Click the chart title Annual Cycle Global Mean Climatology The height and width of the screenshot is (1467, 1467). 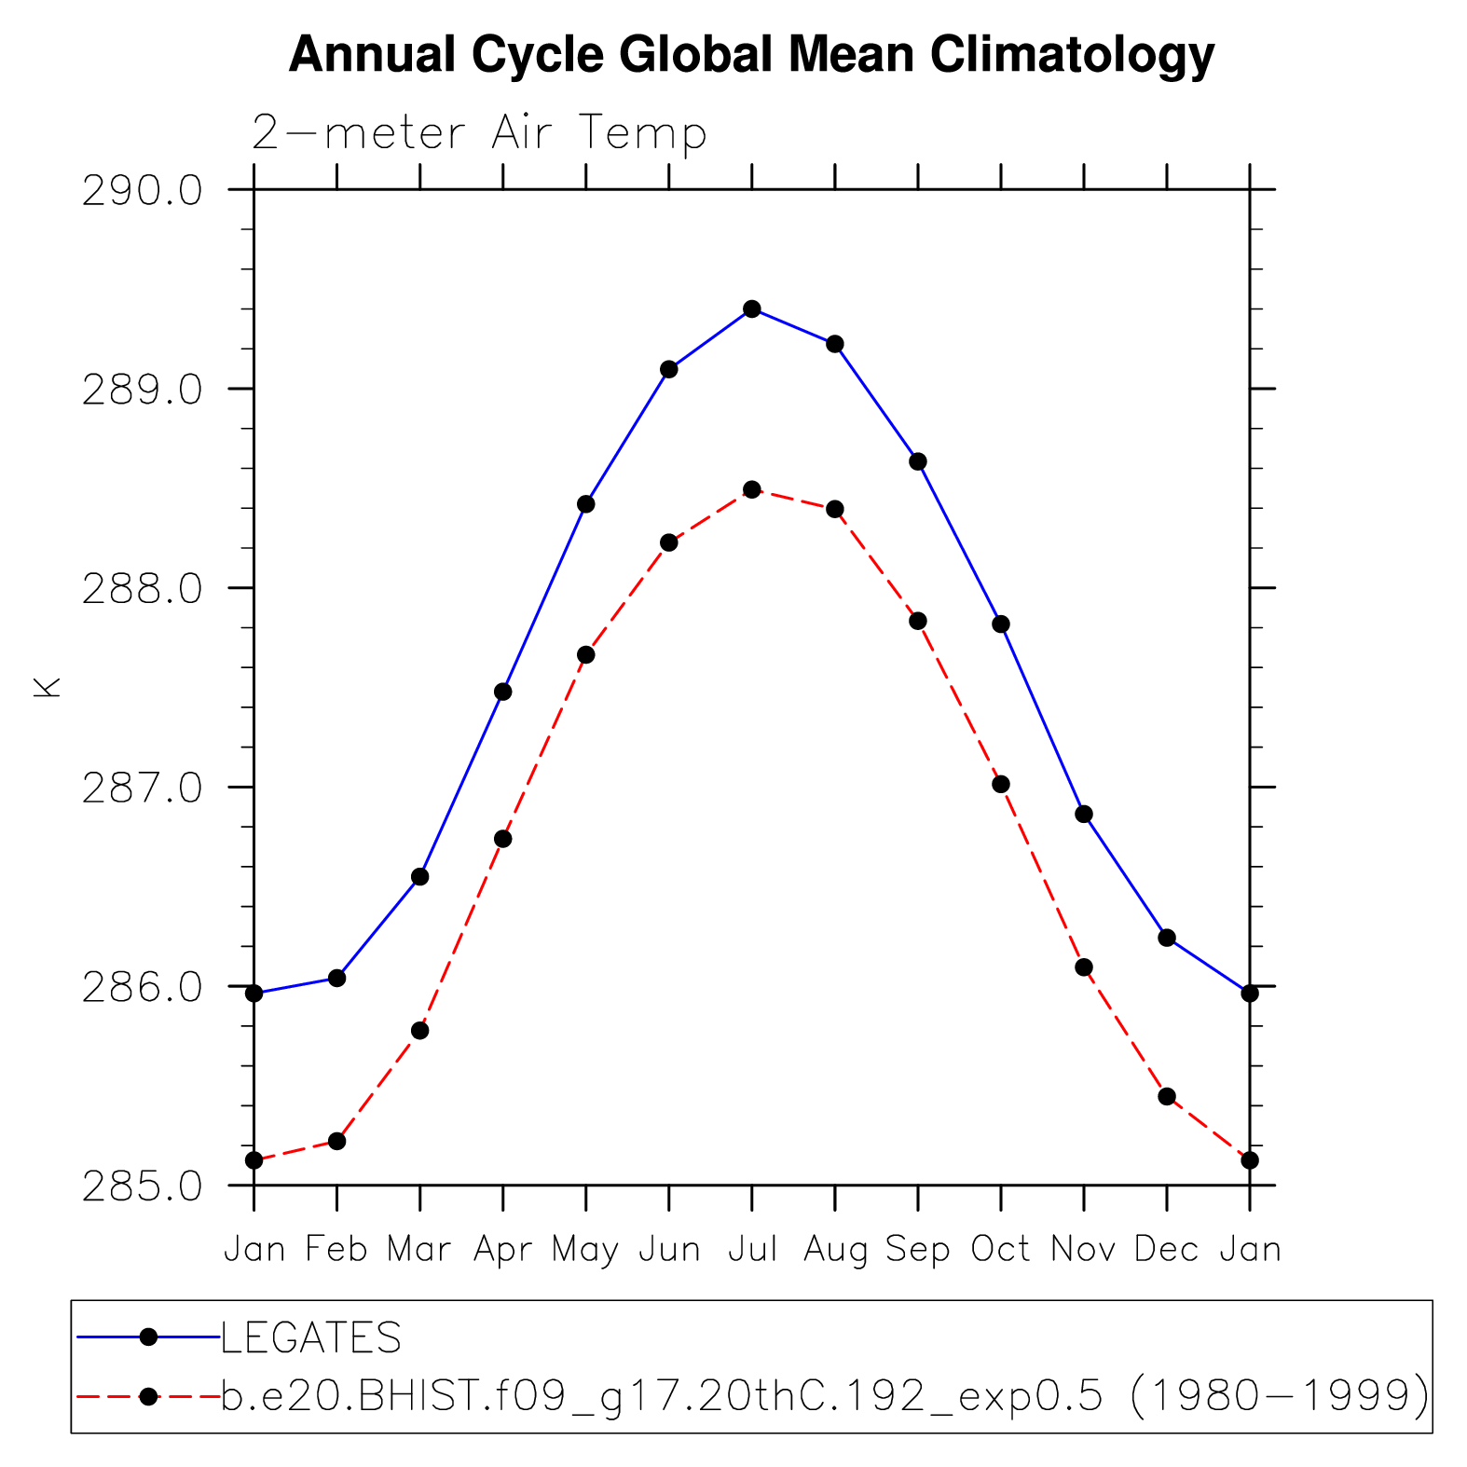click(751, 54)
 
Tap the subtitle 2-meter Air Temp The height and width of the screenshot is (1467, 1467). click(479, 132)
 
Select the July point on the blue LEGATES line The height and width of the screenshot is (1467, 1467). click(752, 308)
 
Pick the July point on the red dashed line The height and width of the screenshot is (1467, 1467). click(752, 489)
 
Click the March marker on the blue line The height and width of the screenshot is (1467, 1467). click(420, 877)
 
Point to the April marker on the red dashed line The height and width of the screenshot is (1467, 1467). click(503, 839)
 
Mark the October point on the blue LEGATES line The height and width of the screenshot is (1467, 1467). click(1001, 624)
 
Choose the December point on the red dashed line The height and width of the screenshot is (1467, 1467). click(1167, 1096)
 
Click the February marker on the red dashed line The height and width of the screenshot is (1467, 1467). click(337, 1141)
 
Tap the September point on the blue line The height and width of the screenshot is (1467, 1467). click(918, 461)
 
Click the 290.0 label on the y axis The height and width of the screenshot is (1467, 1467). click(142, 191)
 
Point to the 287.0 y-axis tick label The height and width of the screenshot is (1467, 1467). click(142, 788)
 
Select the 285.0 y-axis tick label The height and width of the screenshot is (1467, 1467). click(142, 1187)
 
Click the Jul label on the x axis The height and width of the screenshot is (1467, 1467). click(752, 1249)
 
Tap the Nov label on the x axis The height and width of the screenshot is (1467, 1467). click(1083, 1249)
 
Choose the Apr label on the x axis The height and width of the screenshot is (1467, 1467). click(502, 1249)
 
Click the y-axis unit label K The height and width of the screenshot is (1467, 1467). click(47, 687)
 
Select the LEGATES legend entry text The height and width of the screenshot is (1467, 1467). click(311, 1338)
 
